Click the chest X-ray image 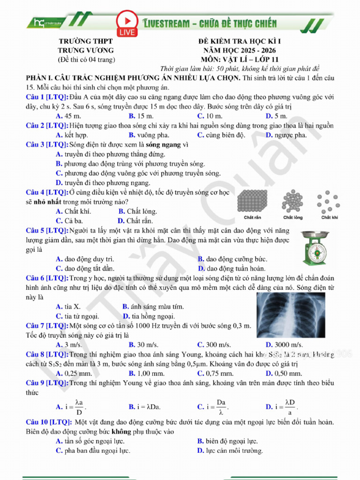[x=291, y=315]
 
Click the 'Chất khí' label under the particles [x=330, y=217]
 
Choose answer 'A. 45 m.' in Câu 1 [x=68, y=116]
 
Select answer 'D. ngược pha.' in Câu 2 [x=286, y=135]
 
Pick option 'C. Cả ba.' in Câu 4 [x=69, y=221]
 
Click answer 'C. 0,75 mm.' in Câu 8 [x=215, y=374]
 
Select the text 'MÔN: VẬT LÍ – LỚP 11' [x=240, y=60]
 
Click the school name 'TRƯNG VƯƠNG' [x=85, y=50]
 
